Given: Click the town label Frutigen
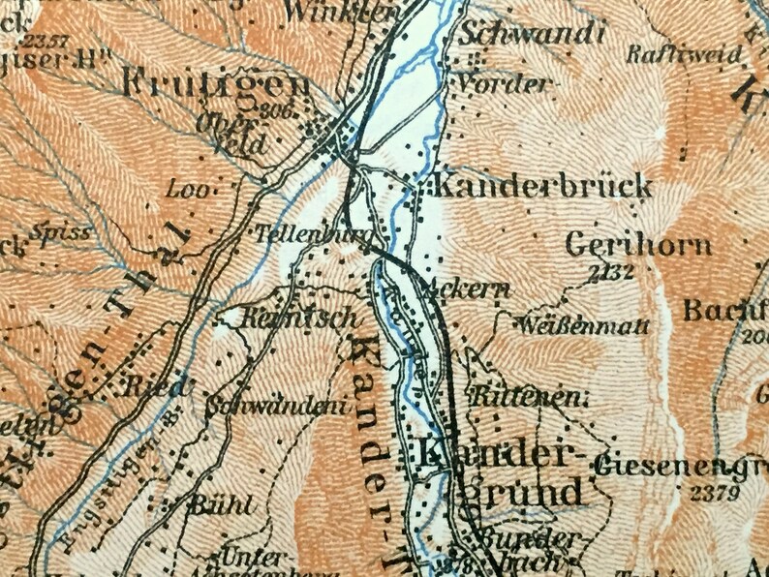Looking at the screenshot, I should (x=215, y=84).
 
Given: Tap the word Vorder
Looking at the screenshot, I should (x=504, y=83).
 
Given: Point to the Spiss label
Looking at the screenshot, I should (x=60, y=232).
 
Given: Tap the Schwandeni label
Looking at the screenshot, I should (x=282, y=408).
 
